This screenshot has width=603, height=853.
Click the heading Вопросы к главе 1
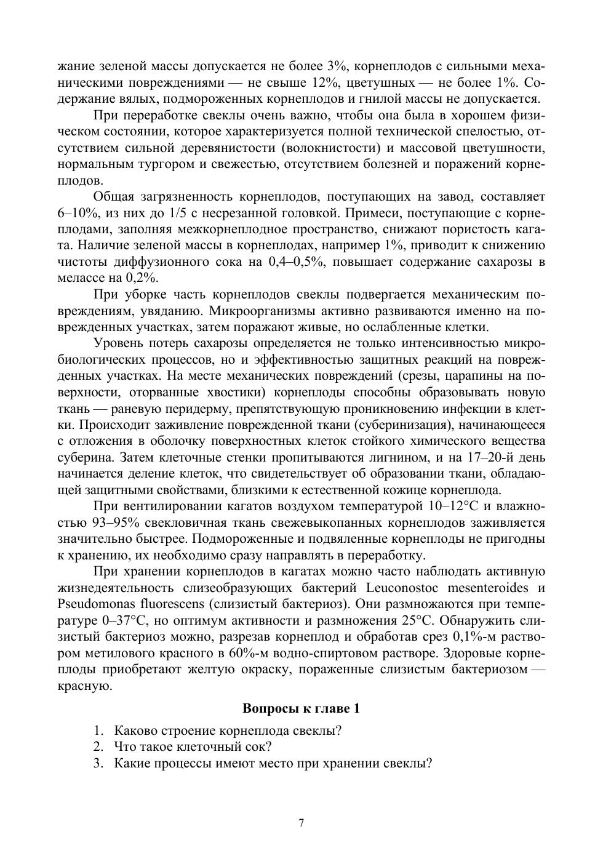tap(301, 708)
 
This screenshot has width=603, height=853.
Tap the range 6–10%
tap(78, 214)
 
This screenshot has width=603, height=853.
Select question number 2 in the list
tap(97, 747)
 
